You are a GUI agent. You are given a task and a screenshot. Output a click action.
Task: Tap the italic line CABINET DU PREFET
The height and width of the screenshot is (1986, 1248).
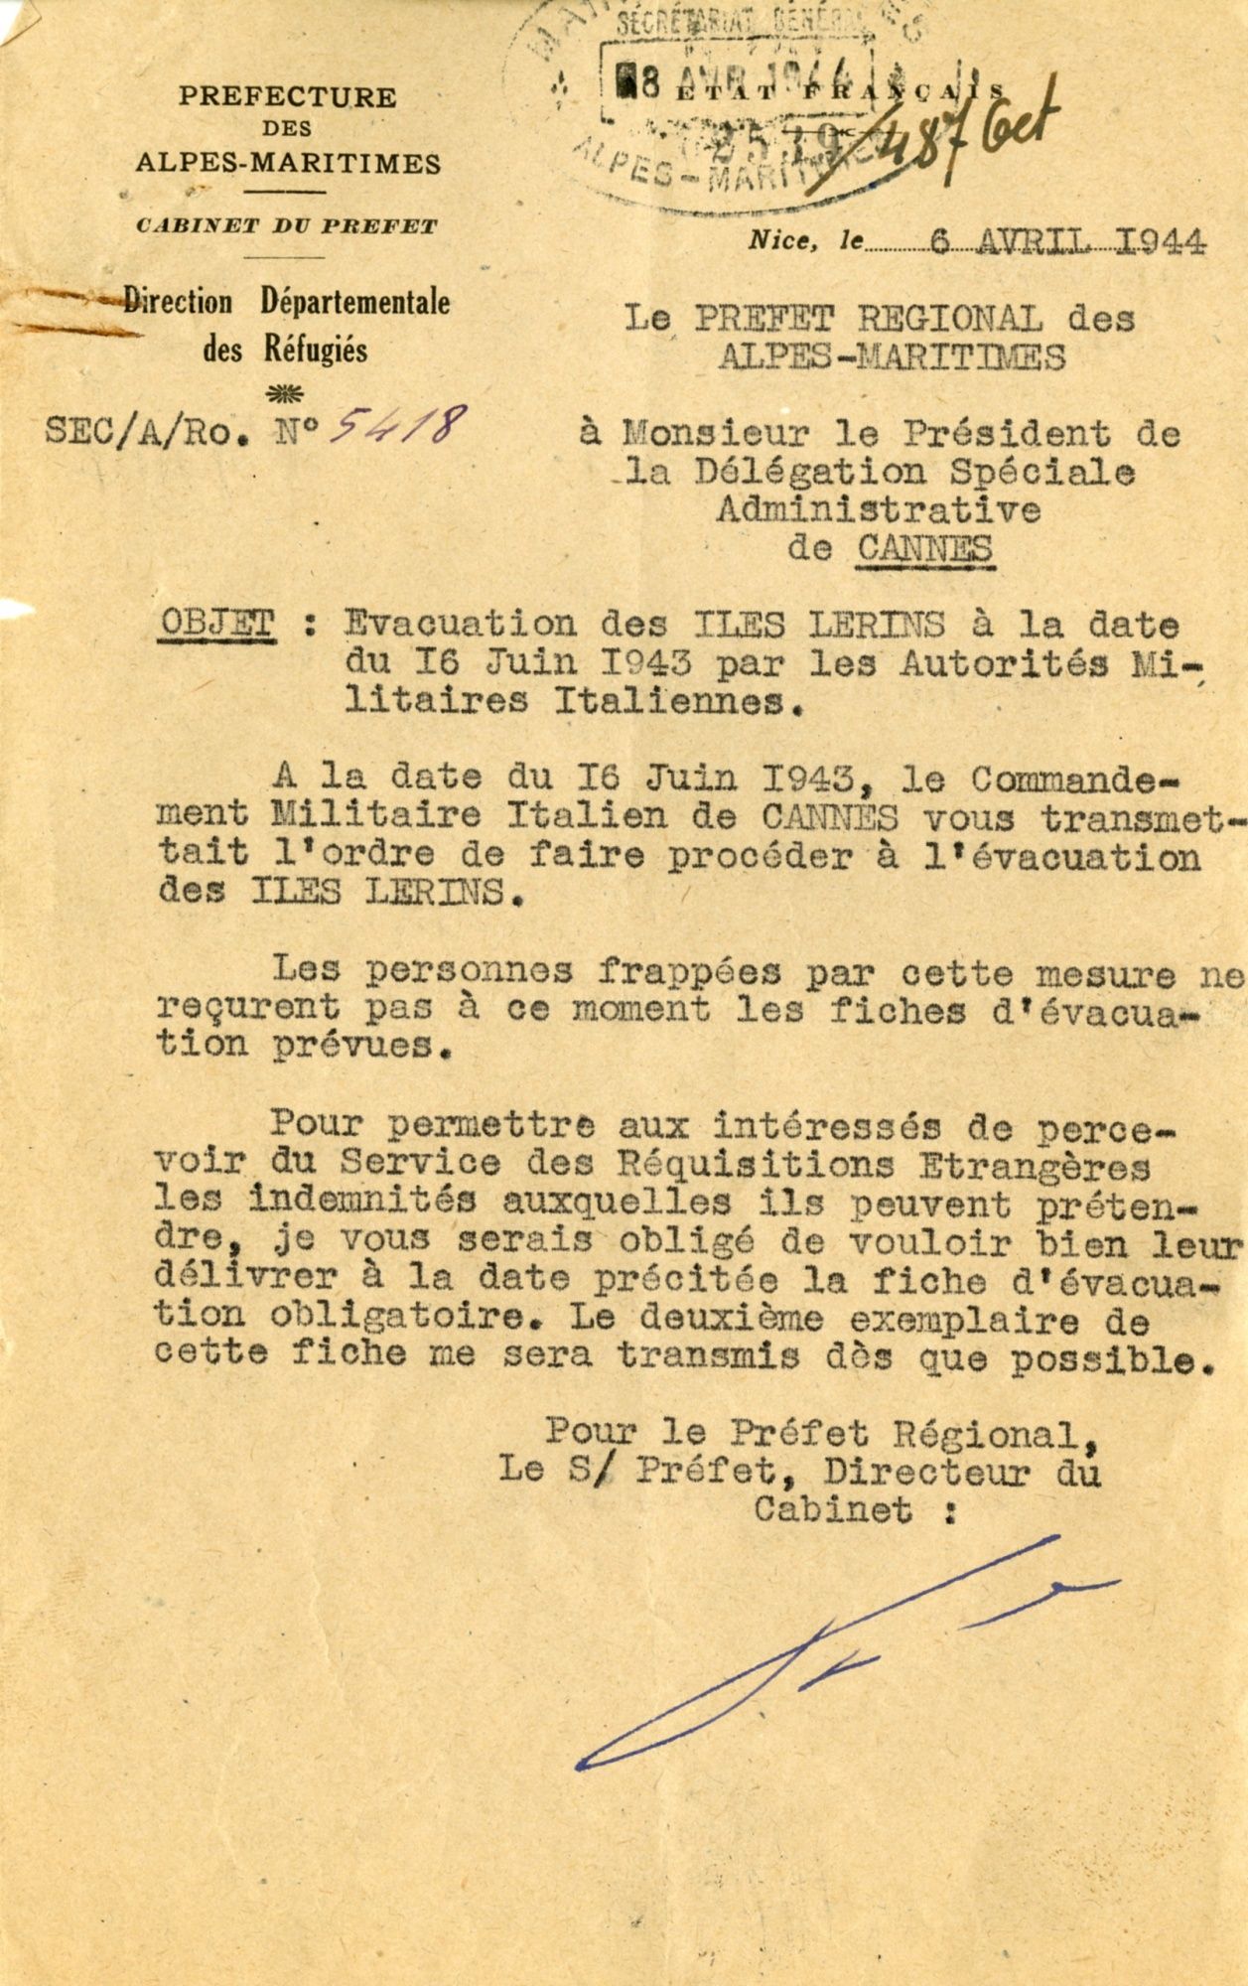point(287,226)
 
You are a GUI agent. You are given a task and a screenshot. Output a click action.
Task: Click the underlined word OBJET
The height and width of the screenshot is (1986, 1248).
point(217,624)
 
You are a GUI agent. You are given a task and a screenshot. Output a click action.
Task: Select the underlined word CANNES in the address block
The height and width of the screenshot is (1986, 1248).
point(923,549)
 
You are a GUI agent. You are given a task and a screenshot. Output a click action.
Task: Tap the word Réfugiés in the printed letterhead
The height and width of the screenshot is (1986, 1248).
point(315,350)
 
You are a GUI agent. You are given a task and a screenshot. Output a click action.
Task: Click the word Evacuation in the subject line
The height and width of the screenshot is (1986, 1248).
point(459,624)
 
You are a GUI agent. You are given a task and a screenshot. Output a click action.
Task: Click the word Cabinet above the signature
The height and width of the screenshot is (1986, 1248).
point(832,1510)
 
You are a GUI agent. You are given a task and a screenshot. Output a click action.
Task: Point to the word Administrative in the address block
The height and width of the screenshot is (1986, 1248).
point(877,510)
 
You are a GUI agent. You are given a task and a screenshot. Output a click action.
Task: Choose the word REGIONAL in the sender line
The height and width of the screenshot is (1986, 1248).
point(949,319)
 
